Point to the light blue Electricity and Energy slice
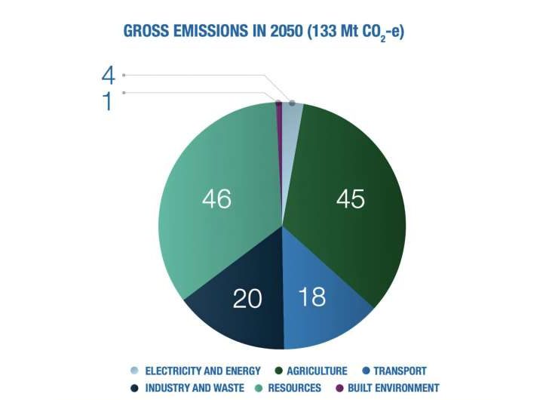(292, 110)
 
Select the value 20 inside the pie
(247, 299)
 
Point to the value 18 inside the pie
(311, 296)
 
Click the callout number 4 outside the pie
(109, 75)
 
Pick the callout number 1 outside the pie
(108, 101)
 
